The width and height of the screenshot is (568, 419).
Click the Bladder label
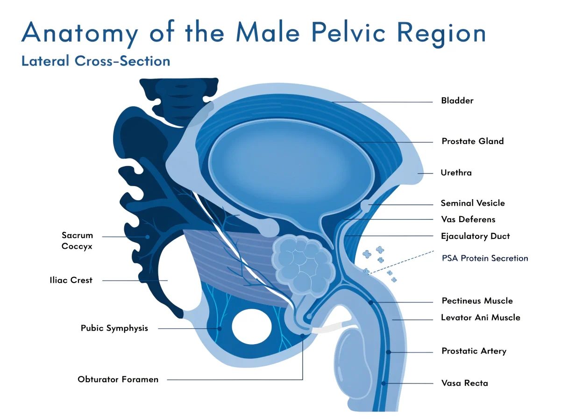click(457, 101)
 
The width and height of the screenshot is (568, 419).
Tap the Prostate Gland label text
click(473, 141)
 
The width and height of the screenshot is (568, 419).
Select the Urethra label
click(456, 173)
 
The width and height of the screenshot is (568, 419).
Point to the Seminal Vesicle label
click(473, 203)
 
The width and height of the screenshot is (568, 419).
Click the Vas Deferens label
click(468, 219)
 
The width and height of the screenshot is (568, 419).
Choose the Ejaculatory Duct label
click(476, 236)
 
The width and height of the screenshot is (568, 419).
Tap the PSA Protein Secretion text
click(485, 258)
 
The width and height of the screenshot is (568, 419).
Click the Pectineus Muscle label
click(477, 301)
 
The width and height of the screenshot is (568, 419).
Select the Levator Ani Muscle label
click(481, 318)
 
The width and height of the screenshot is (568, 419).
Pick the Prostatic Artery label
click(474, 351)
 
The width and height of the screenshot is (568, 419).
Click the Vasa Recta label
click(465, 383)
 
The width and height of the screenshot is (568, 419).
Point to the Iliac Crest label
click(71, 280)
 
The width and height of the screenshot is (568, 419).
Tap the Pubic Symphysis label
click(114, 328)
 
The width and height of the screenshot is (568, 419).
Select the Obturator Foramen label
click(118, 379)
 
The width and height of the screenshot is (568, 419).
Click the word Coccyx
click(77, 246)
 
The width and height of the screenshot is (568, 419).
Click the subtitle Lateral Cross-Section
click(96, 61)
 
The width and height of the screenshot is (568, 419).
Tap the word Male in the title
click(268, 32)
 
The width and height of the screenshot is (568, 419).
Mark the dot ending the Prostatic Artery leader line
click(388, 352)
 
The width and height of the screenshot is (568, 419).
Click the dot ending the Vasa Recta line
click(383, 383)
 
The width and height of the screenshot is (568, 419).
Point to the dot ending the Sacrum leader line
click(147, 237)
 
